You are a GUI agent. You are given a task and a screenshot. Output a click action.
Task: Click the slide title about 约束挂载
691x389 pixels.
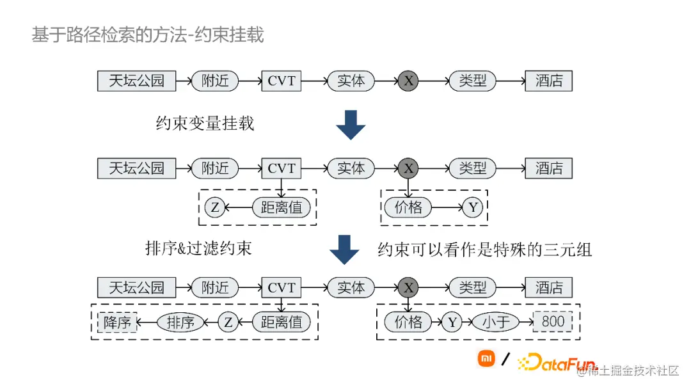click(x=148, y=35)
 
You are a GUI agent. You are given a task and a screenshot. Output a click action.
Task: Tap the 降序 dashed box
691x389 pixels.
click(x=117, y=322)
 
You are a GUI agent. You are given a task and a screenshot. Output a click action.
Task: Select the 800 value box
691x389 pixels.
click(x=553, y=321)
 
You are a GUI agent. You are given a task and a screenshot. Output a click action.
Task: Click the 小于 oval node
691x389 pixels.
click(x=496, y=322)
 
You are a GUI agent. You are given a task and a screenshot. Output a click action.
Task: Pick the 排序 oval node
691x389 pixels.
click(x=180, y=322)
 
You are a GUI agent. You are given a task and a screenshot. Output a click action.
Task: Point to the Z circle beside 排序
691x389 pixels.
click(x=228, y=322)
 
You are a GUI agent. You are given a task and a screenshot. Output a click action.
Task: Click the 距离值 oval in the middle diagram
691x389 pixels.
click(x=282, y=208)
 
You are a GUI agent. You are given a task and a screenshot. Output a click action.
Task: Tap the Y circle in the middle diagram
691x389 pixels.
click(x=473, y=207)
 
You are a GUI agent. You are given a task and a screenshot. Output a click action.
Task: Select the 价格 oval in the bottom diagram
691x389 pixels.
click(x=408, y=322)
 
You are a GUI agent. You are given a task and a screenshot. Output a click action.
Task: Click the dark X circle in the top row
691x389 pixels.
click(x=409, y=81)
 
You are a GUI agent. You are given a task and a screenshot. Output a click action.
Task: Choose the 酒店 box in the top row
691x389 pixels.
click(x=549, y=81)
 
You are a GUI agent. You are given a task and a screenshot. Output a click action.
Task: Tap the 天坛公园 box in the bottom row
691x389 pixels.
click(x=136, y=288)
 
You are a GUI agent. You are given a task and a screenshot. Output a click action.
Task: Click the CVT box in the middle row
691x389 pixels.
click(x=282, y=168)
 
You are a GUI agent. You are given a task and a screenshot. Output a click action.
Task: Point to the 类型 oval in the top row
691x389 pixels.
click(x=473, y=81)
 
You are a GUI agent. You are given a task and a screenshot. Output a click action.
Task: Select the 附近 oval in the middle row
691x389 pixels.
click(x=215, y=168)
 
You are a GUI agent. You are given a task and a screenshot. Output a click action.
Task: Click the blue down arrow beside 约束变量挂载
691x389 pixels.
click(x=351, y=124)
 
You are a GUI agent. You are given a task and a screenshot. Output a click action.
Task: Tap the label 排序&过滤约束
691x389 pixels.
click(x=198, y=248)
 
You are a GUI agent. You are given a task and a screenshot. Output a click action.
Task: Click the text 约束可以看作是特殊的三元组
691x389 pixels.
click(x=484, y=250)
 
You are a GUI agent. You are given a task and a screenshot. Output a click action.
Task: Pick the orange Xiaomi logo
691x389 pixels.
click(x=486, y=358)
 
